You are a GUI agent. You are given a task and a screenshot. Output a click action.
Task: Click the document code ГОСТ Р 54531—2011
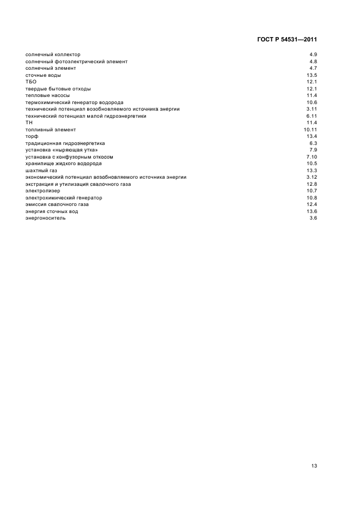tap(286, 40)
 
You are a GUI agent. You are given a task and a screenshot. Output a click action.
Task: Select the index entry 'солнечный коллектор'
tap(53, 54)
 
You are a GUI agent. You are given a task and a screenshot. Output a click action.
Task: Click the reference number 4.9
tap(313, 54)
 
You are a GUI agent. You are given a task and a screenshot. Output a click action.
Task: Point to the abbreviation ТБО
tap(30, 82)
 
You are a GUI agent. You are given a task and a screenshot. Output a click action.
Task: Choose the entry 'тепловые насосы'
tap(47, 95)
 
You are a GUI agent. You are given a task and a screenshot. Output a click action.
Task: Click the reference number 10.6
tap(312, 102)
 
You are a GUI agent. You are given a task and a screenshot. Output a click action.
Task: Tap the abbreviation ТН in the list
tap(29, 123)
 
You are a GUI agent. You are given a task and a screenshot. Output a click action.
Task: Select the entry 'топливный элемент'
tap(50, 130)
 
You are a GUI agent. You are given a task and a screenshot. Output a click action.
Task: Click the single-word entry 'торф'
tap(32, 136)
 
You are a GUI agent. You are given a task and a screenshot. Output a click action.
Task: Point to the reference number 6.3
tap(313, 143)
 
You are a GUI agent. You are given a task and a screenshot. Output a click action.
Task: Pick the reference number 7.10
tap(312, 157)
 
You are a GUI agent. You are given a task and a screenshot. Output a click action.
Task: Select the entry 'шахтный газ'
tap(41, 171)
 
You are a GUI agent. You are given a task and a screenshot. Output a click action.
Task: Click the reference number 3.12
tap(312, 177)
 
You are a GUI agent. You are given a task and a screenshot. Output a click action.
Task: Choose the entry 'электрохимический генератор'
tap(64, 198)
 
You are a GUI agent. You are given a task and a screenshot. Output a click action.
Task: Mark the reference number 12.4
tap(312, 204)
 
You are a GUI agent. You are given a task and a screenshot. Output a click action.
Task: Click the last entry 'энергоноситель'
tap(45, 218)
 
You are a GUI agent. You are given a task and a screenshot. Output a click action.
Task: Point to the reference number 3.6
tap(313, 218)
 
